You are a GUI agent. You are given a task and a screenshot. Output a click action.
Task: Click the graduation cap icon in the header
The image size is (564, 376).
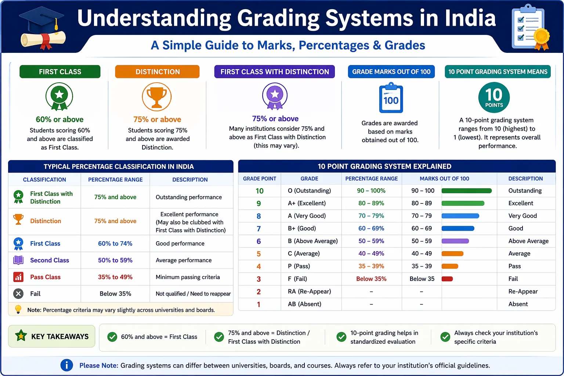click(x=42, y=28)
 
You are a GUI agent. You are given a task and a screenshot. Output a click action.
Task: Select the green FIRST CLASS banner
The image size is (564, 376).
click(x=60, y=72)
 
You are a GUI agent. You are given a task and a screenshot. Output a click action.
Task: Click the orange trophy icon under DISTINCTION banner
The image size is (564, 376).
click(x=157, y=97)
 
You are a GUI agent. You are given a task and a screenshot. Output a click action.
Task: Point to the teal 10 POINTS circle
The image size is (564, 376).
click(x=494, y=97)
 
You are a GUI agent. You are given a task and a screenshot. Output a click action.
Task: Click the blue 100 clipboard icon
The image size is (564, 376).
click(x=391, y=99)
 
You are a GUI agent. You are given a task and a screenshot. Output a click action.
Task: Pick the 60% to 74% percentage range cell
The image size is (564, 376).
click(x=115, y=243)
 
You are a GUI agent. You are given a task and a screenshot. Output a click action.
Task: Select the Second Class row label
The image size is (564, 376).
click(x=49, y=260)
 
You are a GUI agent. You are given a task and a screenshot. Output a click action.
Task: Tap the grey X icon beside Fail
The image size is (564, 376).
click(x=18, y=294)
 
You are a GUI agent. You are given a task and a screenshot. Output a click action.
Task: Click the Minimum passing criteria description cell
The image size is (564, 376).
click(x=188, y=277)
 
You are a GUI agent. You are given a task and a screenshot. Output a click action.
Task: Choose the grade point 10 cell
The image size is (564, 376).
click(x=259, y=191)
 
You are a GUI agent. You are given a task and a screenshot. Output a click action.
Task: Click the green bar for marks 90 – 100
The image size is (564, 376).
click(x=466, y=191)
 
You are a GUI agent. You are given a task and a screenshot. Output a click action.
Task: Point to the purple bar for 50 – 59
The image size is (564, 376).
click(x=455, y=241)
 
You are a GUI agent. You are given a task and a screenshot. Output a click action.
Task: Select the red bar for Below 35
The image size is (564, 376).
click(x=447, y=279)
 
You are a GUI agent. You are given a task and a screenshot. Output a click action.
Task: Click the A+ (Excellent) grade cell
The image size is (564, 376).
click(x=307, y=203)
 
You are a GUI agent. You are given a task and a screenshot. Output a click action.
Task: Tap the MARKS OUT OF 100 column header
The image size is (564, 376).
click(x=444, y=179)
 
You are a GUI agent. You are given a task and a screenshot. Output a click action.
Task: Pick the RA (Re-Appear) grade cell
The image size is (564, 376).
click(x=309, y=292)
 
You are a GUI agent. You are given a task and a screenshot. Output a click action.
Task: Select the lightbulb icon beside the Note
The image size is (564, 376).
click(x=18, y=310)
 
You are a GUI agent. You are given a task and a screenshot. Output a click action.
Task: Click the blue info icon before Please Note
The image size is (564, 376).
click(x=66, y=365)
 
